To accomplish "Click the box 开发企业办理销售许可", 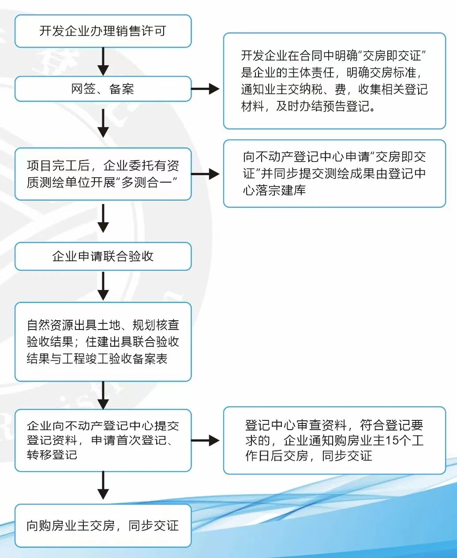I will pyautogui.click(x=103, y=31).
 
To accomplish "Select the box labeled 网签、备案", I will pyautogui.click(x=103, y=89).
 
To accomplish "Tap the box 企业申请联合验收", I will pyautogui.click(x=103, y=256).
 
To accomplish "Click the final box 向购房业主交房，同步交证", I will pyautogui.click(x=103, y=526).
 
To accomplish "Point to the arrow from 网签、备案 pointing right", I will pyautogui.click(x=206, y=89).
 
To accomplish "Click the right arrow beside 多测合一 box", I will pyautogui.click(x=206, y=174).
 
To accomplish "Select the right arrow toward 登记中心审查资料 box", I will pyautogui.click(x=206, y=440).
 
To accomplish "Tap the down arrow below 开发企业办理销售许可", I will pyautogui.click(x=103, y=62).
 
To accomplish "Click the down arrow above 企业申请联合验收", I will pyautogui.click(x=103, y=219).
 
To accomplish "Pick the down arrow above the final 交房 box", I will pyautogui.click(x=103, y=486).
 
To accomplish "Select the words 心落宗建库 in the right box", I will pyautogui.click(x=274, y=191).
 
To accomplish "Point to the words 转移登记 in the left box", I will pyautogui.click(x=52, y=455).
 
